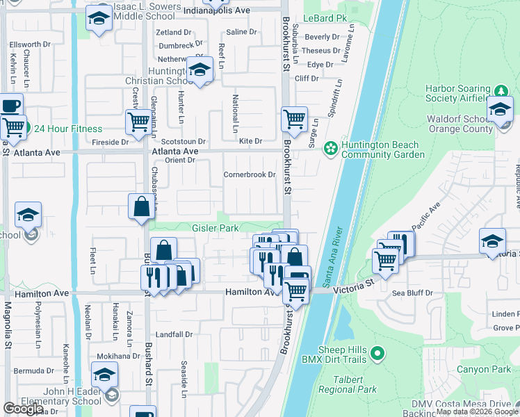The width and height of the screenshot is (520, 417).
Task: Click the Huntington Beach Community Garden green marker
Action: coord(330,147)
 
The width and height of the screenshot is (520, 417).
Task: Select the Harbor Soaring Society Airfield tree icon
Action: coord(501,92)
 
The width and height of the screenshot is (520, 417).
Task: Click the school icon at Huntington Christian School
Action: coord(200,70)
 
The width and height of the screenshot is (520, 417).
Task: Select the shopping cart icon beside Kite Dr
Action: coord(294,118)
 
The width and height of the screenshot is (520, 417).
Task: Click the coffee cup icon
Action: coord(10,106)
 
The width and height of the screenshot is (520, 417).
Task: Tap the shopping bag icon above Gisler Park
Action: coord(141,206)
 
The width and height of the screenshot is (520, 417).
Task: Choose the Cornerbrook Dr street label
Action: coord(250,174)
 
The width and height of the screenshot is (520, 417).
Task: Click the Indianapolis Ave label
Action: coord(217,11)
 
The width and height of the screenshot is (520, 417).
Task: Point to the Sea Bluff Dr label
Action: coord(413,293)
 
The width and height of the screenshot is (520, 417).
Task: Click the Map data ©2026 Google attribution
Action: coord(477,411)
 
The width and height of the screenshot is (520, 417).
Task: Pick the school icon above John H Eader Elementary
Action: coord(104,375)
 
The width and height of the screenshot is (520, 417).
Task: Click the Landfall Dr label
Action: coord(174,334)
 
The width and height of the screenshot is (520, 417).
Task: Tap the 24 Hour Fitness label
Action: coord(68,129)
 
